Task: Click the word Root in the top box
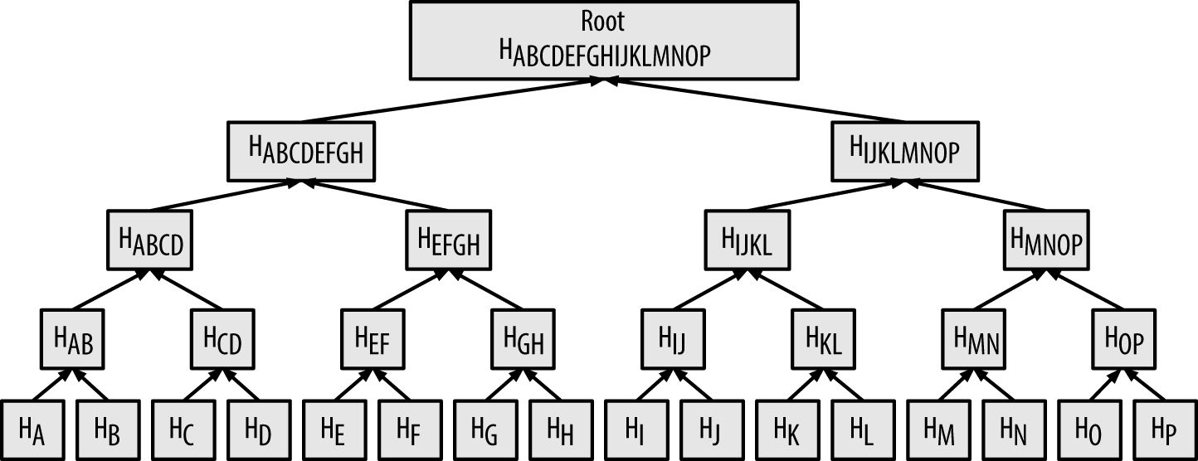point(603,22)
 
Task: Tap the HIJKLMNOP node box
point(906,152)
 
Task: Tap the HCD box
point(223,339)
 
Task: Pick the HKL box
point(824,339)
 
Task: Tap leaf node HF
point(408,429)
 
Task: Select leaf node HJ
point(710,429)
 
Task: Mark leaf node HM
point(937,429)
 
